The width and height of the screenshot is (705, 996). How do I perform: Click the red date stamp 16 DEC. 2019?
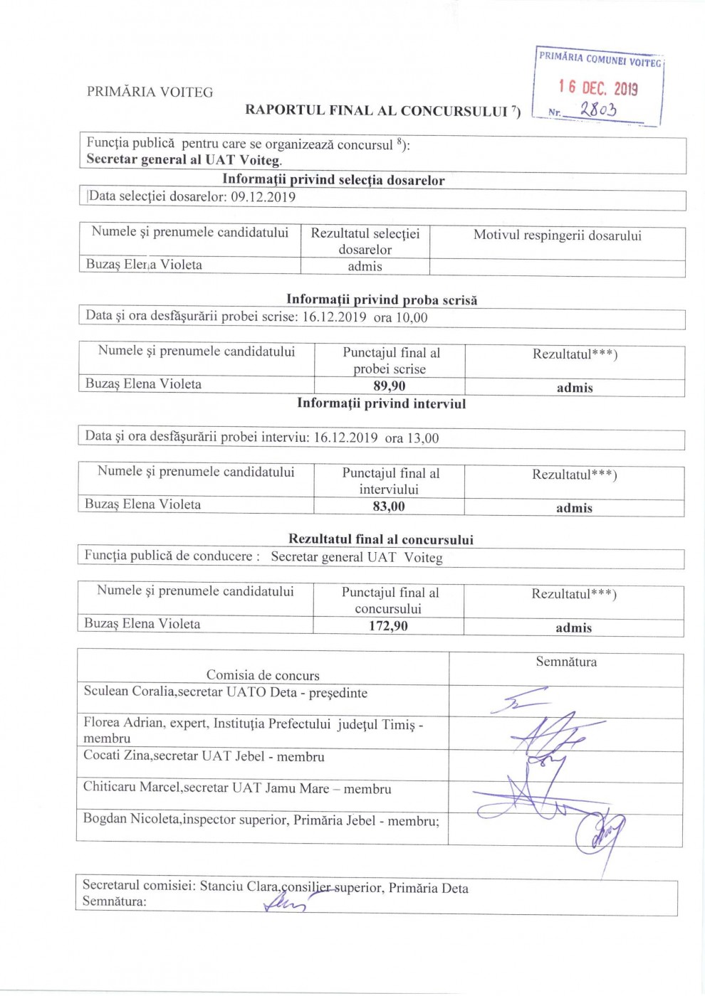(598, 88)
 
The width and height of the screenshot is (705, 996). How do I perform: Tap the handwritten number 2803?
(597, 110)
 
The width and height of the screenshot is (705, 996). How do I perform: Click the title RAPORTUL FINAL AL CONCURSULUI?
(377, 110)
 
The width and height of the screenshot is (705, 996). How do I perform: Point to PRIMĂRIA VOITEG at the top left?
(150, 92)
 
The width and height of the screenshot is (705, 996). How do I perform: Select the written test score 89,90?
(390, 386)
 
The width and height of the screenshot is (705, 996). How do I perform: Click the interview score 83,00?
(389, 507)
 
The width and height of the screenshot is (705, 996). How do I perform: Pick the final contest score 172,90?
(388, 626)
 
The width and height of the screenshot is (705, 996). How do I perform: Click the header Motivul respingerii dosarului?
(557, 235)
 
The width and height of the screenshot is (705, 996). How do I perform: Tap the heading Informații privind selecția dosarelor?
(333, 180)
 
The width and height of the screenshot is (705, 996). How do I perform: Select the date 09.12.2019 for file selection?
(263, 197)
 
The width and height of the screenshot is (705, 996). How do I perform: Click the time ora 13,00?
(412, 438)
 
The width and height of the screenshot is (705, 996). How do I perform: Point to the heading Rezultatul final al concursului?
(381, 539)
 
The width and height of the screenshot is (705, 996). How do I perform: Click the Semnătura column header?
(566, 662)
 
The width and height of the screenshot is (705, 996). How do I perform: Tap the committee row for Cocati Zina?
(204, 756)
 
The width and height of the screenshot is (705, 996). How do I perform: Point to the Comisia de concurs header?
(263, 675)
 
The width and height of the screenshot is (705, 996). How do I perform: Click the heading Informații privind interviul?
(381, 403)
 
